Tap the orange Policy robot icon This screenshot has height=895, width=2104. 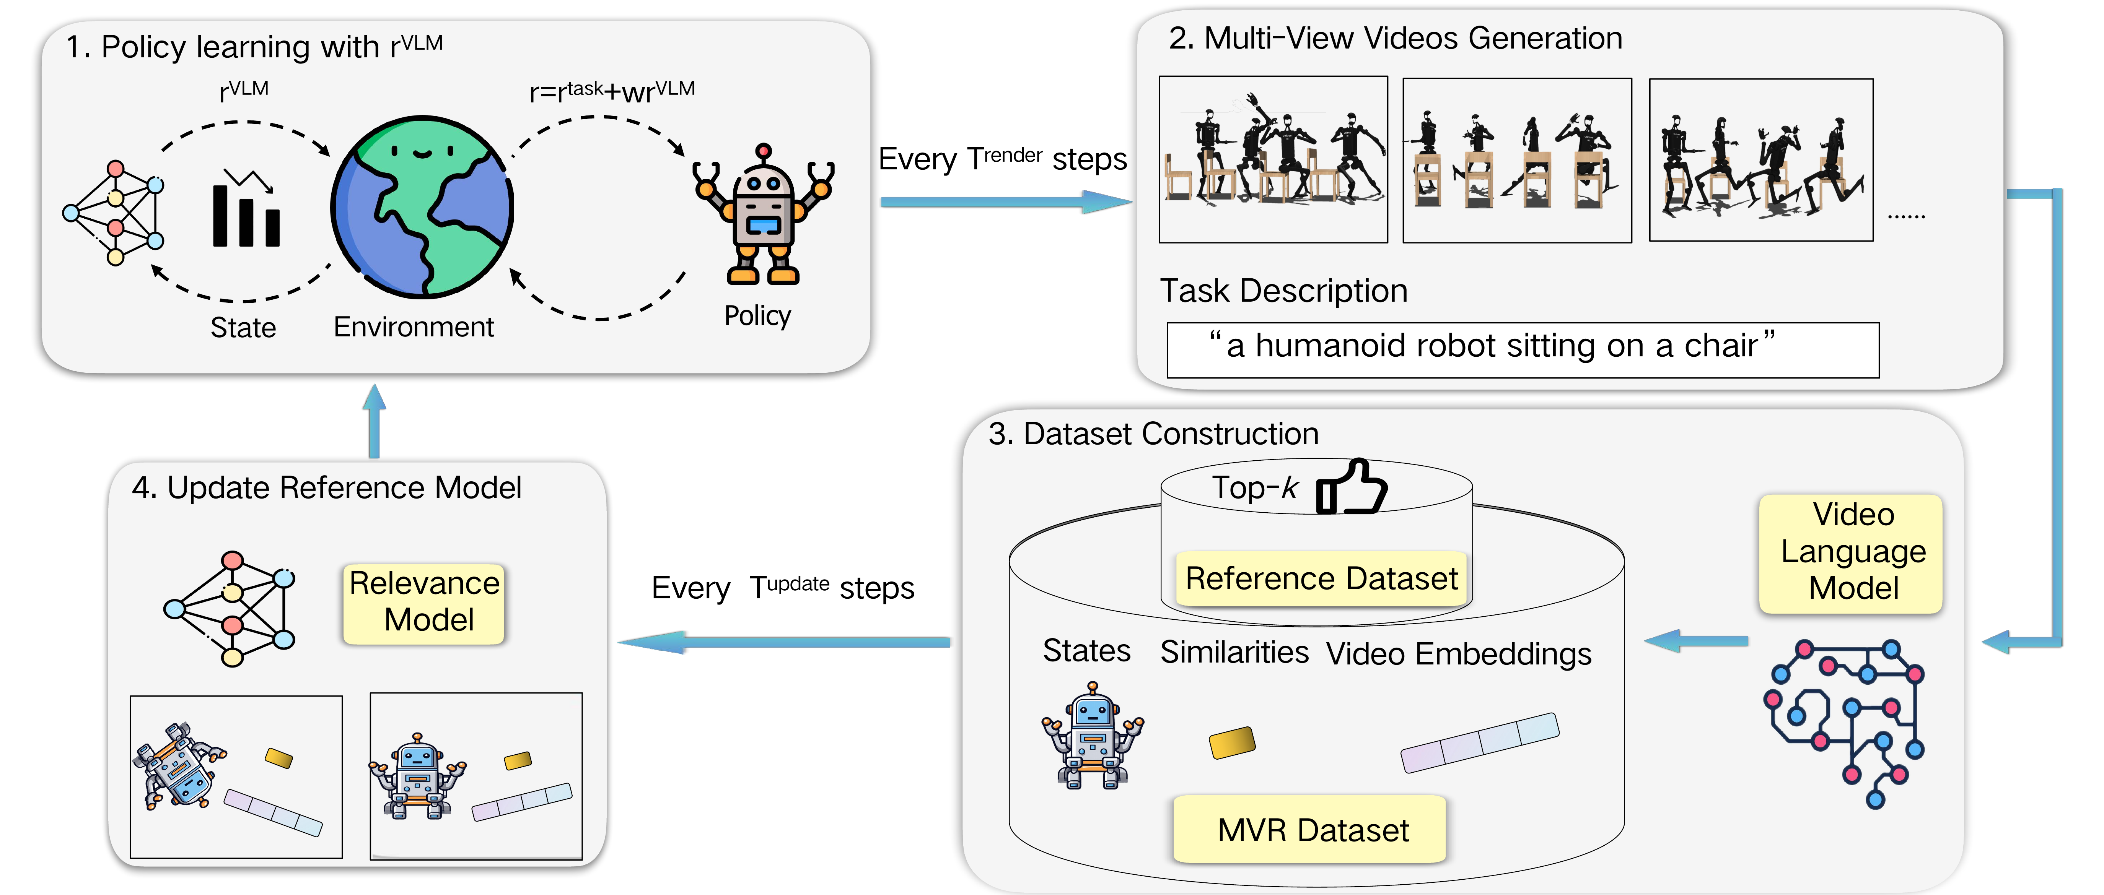(763, 216)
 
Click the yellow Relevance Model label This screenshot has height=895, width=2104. (424, 603)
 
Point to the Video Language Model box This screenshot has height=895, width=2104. (1852, 553)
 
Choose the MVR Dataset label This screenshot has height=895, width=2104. (1311, 830)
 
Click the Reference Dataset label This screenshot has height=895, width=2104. (1321, 578)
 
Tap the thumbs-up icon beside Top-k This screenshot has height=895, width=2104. (1352, 487)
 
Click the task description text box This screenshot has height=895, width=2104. (1523, 349)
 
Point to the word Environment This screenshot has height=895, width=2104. (413, 326)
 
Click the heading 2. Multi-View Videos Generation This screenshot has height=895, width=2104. (1395, 38)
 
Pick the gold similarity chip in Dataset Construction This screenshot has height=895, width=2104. (1232, 742)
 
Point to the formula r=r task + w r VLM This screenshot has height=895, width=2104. (612, 91)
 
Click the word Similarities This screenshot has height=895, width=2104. (1234, 653)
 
